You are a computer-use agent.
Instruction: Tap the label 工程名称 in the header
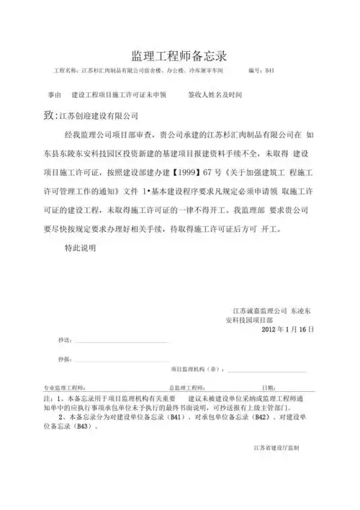[60, 71]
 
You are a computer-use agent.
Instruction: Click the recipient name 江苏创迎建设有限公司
[96, 115]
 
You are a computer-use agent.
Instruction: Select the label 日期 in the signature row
[269, 387]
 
